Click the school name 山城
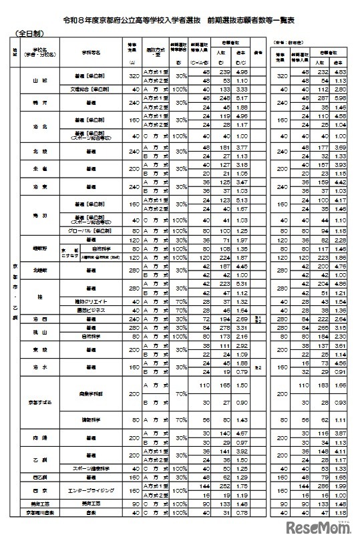point(42,79)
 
